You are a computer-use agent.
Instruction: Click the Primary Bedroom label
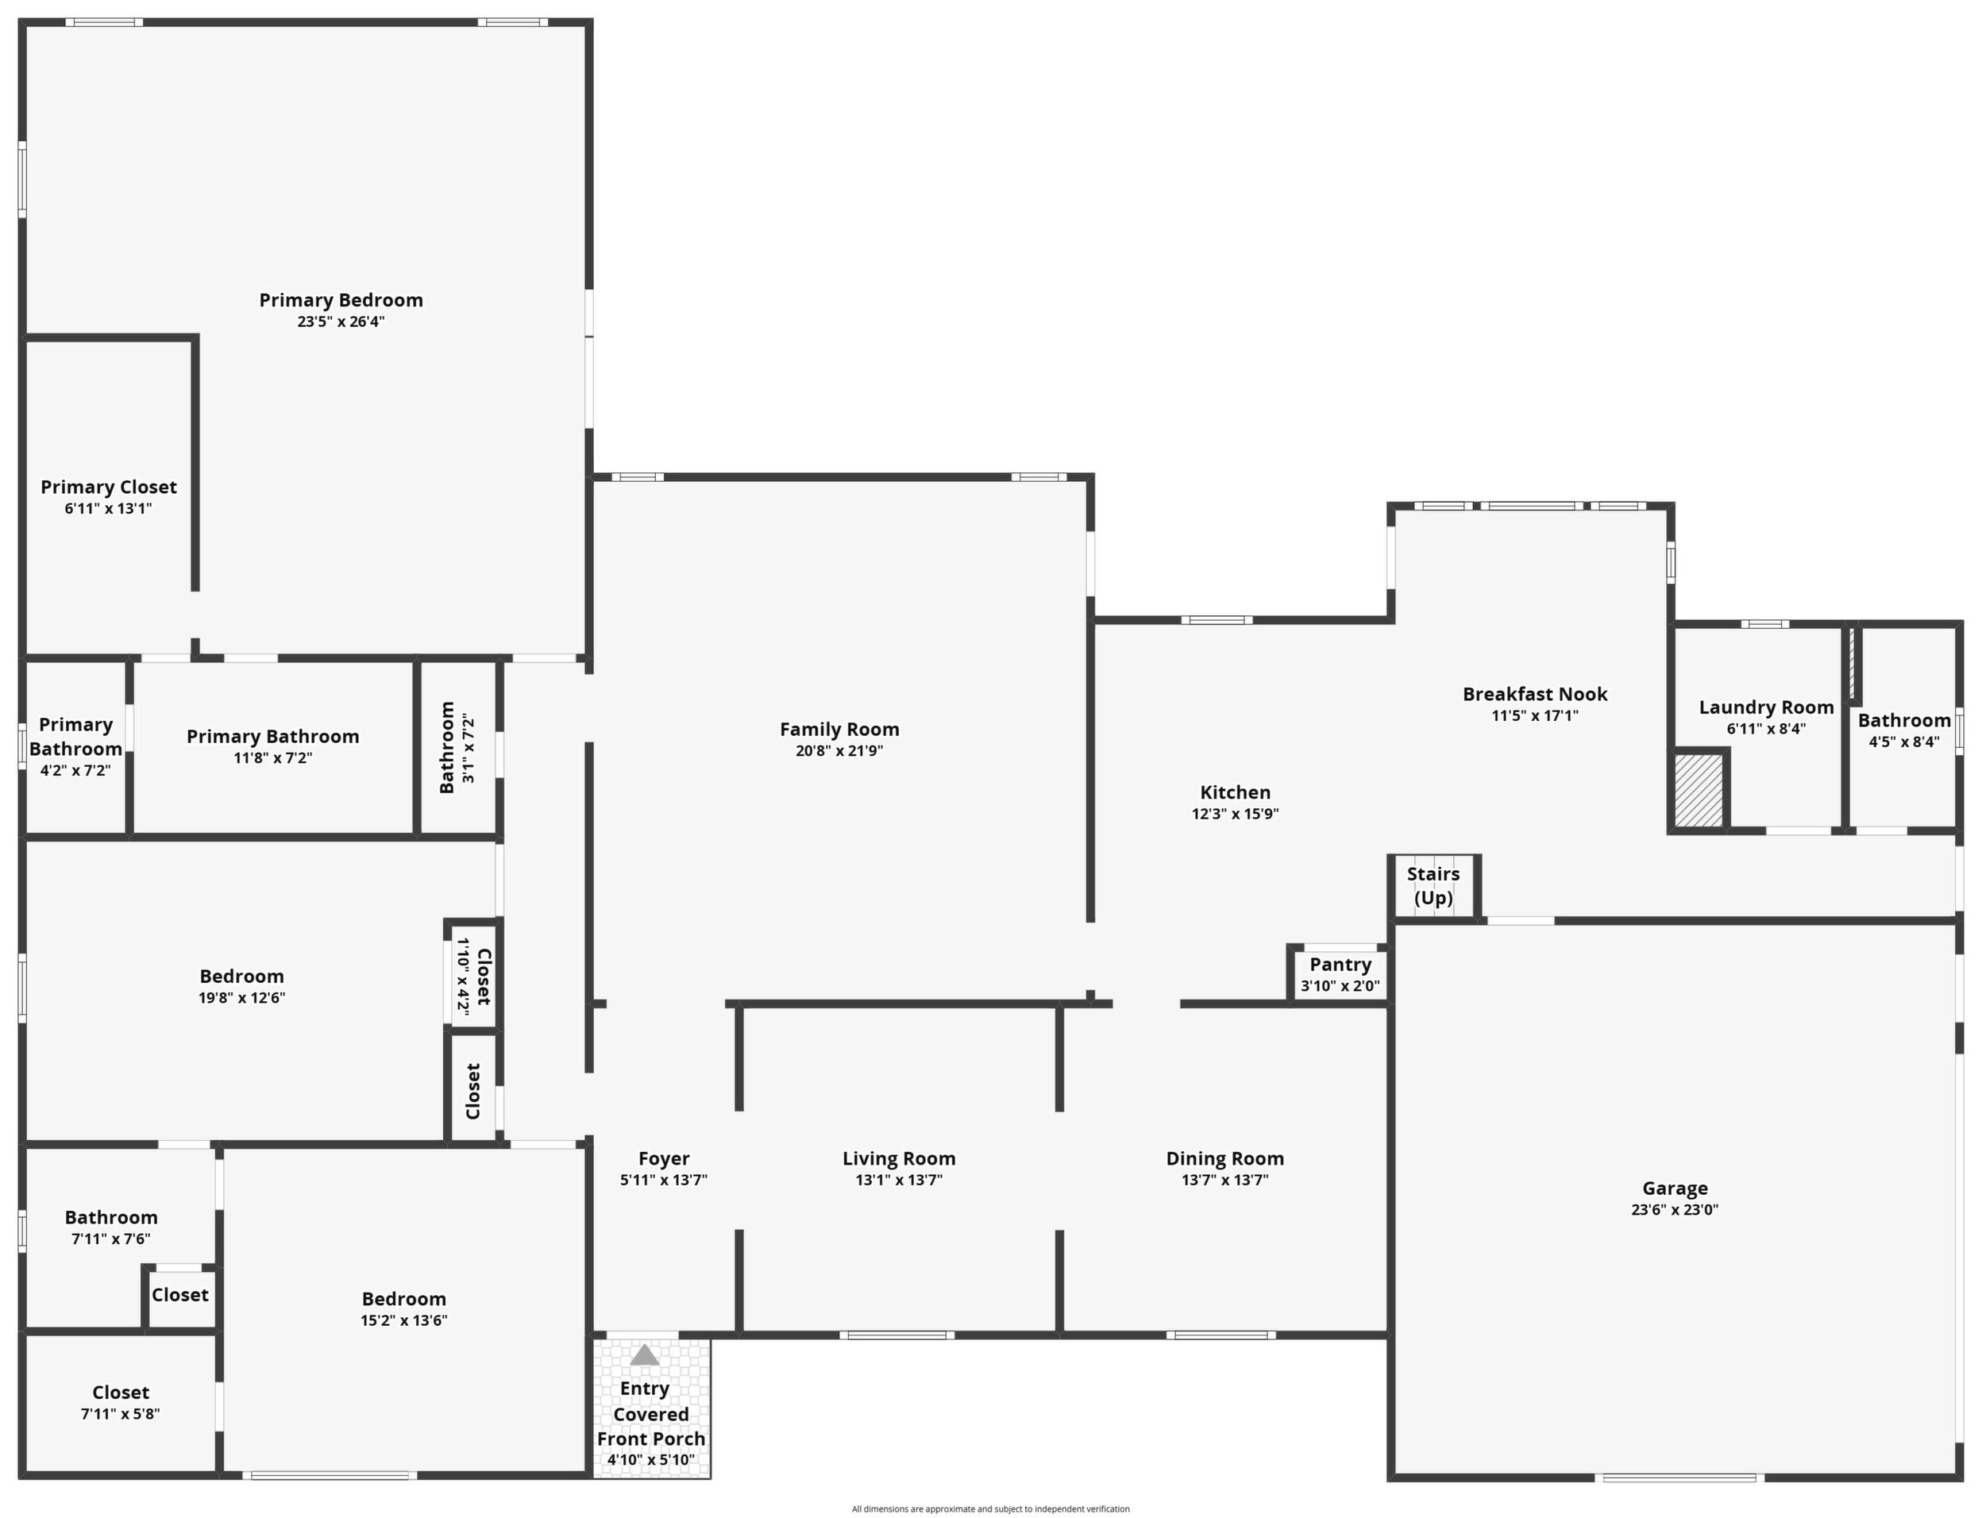(x=341, y=300)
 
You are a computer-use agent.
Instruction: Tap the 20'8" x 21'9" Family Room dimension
(x=839, y=751)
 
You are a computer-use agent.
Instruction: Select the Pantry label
(x=1340, y=965)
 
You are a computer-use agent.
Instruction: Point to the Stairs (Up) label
(x=1433, y=886)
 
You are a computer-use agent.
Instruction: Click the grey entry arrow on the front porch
(x=645, y=1354)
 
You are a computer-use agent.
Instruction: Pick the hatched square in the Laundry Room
(x=1699, y=791)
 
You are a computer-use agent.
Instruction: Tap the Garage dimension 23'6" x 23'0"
(x=1675, y=1210)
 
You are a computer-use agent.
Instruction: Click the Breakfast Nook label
(x=1535, y=694)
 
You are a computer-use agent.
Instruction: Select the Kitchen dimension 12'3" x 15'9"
(x=1235, y=814)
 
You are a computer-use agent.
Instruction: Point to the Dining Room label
(x=1224, y=1158)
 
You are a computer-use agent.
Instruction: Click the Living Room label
(x=898, y=1158)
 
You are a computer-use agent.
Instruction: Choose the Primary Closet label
(x=109, y=487)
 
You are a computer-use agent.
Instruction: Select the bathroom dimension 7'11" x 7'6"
(x=111, y=1239)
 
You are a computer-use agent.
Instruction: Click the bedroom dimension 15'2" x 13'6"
(x=404, y=1321)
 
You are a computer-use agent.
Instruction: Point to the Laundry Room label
(x=1766, y=707)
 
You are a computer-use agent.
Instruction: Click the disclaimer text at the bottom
(x=990, y=1509)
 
